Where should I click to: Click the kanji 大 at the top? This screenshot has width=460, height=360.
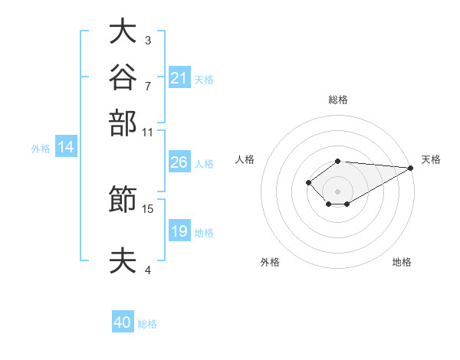123,31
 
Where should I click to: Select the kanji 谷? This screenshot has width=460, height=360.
123,77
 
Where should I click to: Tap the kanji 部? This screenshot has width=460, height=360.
123,123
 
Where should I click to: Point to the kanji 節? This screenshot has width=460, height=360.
123,198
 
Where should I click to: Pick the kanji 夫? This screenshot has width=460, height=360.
123,260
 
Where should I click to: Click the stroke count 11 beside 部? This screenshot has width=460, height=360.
147,133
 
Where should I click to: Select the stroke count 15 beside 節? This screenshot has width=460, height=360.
147,209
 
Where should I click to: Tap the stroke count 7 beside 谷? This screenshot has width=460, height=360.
148,87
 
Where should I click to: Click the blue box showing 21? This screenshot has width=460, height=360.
179,77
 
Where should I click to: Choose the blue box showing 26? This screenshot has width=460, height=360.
179,162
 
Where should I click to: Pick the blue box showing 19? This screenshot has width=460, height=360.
179,230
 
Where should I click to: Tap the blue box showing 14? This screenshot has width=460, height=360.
66,146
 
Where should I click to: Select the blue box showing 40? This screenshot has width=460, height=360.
123,321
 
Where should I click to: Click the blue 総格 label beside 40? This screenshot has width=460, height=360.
147,324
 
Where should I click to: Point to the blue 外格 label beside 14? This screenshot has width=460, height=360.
41,149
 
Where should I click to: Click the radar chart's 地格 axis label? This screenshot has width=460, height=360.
402,262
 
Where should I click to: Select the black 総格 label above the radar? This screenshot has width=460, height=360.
338,100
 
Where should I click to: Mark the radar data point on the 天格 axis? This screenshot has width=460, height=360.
411,168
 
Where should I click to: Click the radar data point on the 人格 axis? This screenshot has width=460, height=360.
308,182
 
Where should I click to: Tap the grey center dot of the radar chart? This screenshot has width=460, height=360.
337,191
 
